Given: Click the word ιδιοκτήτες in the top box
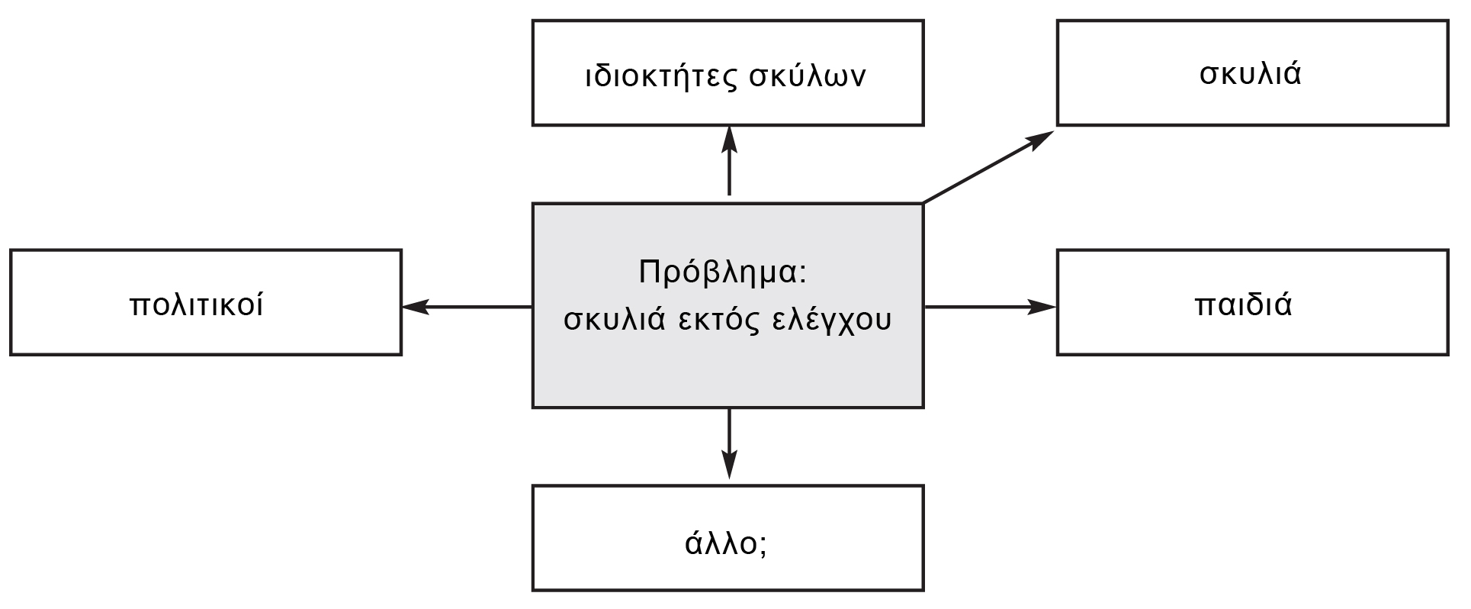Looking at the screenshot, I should [x=659, y=76].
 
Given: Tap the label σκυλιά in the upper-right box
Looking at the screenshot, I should [x=1251, y=74].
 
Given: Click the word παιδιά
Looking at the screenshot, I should [x=1243, y=305].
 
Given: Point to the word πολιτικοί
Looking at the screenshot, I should [x=198, y=305].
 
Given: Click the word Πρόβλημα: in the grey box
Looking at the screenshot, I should [x=723, y=272].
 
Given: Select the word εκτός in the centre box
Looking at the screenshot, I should [x=721, y=320].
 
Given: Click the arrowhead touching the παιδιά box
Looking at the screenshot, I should [x=1042, y=307].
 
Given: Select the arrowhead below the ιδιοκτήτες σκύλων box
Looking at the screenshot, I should [x=730, y=140].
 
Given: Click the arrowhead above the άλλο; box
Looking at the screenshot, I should [x=730, y=465].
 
